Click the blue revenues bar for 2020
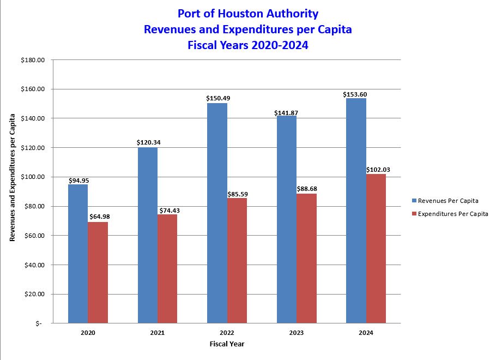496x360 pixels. tap(78, 254)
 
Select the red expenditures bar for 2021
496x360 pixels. tap(167, 268)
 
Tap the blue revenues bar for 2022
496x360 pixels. tap(217, 213)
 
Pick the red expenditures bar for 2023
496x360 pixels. tap(307, 258)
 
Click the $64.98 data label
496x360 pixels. tap(98, 217)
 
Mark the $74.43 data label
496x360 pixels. tap(168, 211)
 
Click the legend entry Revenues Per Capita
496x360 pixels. tap(447, 201)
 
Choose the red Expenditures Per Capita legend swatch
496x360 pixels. tap(414, 214)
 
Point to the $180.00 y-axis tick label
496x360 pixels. tap(32, 60)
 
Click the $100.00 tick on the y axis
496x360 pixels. tap(32, 177)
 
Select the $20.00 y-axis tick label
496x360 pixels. tap(34, 295)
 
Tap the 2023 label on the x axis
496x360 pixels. tap(297, 332)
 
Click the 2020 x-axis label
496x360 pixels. tap(88, 332)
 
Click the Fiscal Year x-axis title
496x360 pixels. tap(227, 344)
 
